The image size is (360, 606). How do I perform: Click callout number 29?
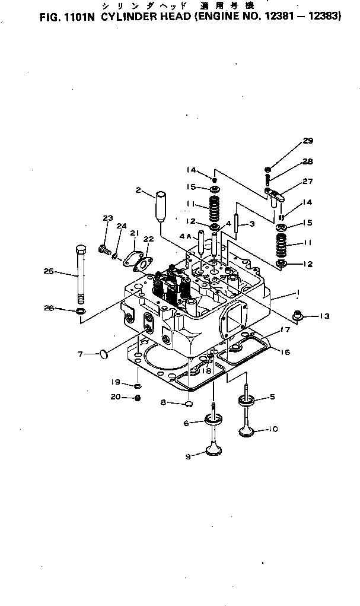[308, 141]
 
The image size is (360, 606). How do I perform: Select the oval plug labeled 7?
[103, 354]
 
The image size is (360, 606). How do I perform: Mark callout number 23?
[107, 218]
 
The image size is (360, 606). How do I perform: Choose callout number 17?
[285, 329]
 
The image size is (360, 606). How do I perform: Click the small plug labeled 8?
[189, 404]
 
